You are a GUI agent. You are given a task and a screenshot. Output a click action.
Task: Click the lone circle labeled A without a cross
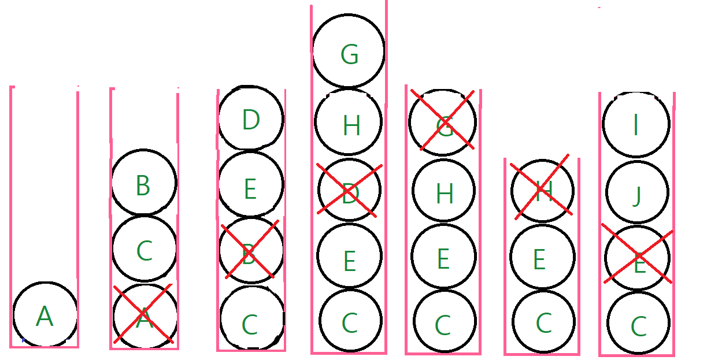45,316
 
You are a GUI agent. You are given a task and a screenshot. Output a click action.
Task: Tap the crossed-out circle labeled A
143,316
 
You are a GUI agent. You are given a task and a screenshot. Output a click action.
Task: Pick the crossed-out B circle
250,251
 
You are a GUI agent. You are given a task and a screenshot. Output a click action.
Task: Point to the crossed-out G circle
442,122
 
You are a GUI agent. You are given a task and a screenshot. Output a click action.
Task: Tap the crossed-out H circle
542,190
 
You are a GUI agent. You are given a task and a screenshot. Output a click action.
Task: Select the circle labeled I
636,123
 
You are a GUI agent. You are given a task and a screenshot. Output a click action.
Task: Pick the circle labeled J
636,194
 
